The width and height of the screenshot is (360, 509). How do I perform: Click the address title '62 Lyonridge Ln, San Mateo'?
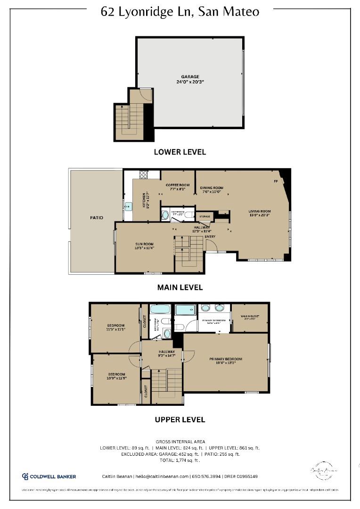coord(180,11)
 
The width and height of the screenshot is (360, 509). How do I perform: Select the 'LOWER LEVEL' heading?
coord(180,152)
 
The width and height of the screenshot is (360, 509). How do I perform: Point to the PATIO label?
coord(97,218)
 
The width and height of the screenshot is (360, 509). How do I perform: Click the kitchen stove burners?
coord(143,175)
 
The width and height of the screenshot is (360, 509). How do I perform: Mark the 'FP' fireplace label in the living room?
coord(276,181)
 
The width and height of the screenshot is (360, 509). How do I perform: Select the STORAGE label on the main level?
coord(205,217)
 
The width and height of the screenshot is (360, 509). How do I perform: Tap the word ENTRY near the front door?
coord(210,237)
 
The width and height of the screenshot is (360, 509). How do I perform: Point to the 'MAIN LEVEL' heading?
coord(180,287)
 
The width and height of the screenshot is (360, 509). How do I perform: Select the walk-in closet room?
coord(250,318)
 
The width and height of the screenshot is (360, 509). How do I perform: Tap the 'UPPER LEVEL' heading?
coord(180,419)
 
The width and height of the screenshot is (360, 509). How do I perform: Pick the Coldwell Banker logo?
coord(49,476)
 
